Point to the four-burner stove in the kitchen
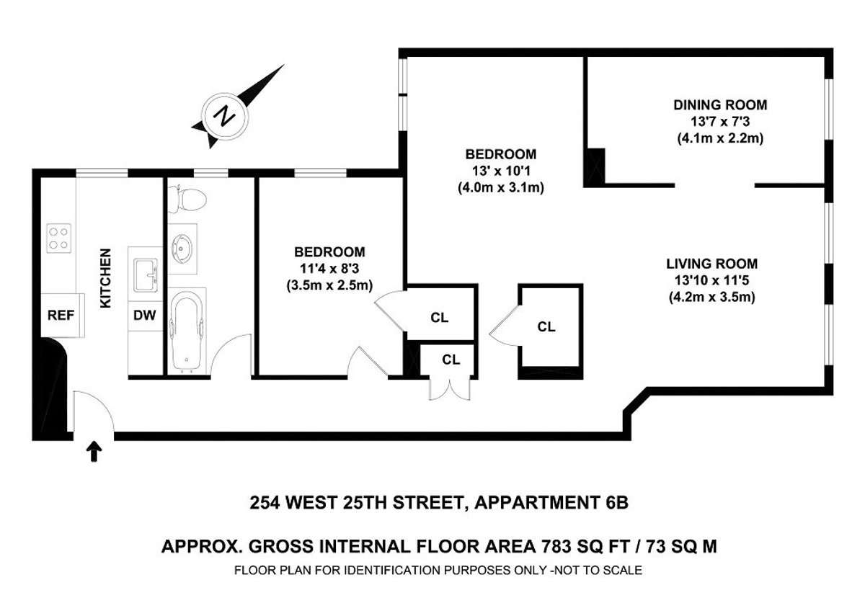click(58, 238)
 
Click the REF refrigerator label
click(61, 314)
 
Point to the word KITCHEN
click(105, 279)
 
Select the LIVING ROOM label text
click(711, 264)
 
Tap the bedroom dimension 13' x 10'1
click(500, 171)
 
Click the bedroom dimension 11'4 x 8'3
click(329, 268)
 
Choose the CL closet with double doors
click(451, 360)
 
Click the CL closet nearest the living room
click(546, 326)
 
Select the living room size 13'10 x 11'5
click(711, 280)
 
